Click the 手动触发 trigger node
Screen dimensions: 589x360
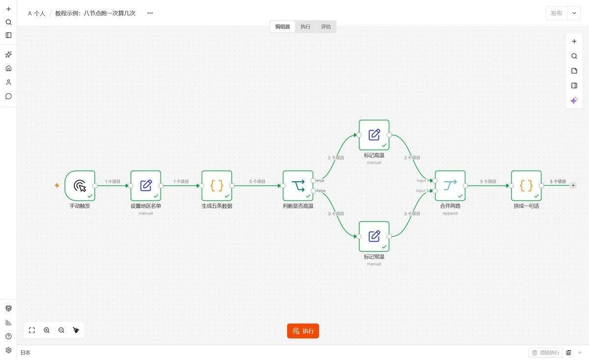[80, 186]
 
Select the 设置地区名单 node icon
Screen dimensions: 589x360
[146, 186]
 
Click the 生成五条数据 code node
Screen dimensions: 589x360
[217, 186]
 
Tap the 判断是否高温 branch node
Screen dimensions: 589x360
[298, 186]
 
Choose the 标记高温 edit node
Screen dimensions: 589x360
[374, 135]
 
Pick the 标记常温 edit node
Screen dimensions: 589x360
[374, 236]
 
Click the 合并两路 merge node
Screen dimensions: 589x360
[450, 186]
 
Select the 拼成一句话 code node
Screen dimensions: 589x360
[526, 186]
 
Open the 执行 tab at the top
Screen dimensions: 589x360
[305, 27]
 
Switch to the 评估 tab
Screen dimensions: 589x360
[326, 27]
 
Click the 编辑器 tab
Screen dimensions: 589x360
[282, 27]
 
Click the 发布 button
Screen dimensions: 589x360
[557, 13]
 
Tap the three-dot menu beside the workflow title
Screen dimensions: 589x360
[150, 13]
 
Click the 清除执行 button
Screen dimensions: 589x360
[546, 353]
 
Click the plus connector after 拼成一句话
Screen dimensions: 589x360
[573, 186]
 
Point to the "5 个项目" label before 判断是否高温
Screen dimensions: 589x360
[257, 181]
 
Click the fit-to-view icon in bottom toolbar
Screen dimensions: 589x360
[32, 330]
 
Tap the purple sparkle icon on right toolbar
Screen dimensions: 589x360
[574, 100]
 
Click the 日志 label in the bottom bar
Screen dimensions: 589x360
[25, 353]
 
